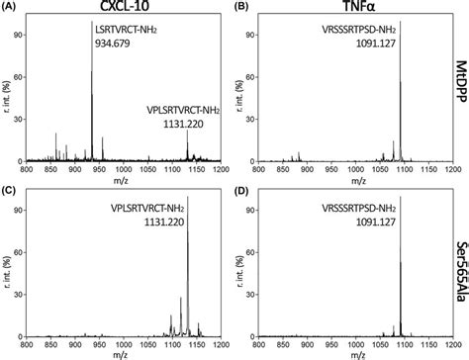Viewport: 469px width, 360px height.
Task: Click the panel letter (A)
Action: click(x=12, y=7)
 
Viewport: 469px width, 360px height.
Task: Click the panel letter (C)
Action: click(x=12, y=185)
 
